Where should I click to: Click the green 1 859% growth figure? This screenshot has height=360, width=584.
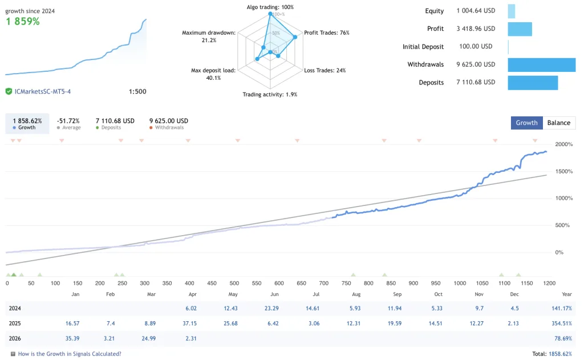pos(23,22)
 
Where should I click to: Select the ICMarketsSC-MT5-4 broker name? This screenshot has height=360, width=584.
pos(43,91)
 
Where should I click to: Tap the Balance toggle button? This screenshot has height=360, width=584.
pos(558,123)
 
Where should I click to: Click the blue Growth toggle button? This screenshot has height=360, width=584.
pos(526,123)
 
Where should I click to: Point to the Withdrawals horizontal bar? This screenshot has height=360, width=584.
pos(541,64)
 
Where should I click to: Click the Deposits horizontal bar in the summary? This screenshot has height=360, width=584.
pos(533,82)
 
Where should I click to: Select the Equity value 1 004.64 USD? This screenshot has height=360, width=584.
pos(476,11)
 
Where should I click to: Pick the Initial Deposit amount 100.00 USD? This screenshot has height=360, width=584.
pos(476,47)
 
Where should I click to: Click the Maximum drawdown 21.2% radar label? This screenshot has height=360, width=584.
pos(208,37)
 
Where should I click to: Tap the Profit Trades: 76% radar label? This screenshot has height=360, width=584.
pos(327,33)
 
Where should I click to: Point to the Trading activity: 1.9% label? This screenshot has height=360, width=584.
pos(270,95)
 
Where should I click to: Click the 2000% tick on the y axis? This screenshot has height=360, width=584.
pos(563,144)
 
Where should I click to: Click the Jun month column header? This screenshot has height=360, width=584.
pos(274,294)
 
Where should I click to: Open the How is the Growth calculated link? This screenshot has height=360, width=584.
pos(70,354)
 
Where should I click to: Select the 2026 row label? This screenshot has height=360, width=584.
pos(15,338)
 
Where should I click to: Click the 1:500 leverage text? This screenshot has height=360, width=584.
pos(137,91)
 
